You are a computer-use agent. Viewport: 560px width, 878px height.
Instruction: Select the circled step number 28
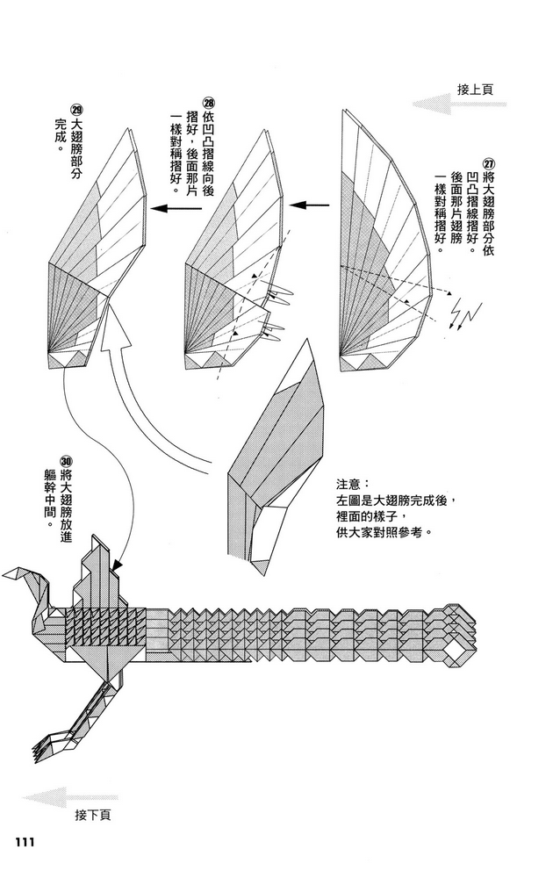point(208,104)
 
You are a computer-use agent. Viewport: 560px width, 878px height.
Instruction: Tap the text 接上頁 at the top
point(475,89)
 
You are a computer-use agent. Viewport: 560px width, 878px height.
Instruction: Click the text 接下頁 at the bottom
point(93,814)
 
